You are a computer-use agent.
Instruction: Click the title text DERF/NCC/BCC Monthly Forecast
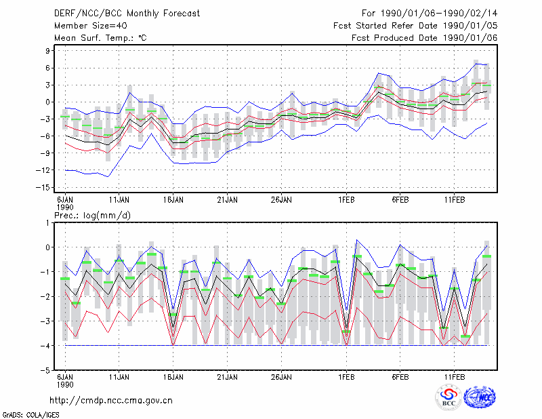point(127,14)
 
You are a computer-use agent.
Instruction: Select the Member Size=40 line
point(91,26)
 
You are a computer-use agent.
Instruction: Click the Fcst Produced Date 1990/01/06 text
point(425,38)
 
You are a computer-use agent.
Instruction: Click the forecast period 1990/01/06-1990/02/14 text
point(430,14)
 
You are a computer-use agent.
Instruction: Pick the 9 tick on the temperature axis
point(47,51)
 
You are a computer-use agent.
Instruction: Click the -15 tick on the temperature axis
point(43,188)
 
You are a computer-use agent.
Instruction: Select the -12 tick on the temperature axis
point(43,170)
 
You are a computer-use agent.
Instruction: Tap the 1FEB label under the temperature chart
point(346,200)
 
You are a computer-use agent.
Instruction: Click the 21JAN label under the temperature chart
point(228,200)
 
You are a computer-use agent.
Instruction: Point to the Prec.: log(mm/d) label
point(93,216)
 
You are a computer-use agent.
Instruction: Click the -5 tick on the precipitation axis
point(45,370)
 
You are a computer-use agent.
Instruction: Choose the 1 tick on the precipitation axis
point(47,223)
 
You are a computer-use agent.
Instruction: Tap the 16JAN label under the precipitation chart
point(173,377)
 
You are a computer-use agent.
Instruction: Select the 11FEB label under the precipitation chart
point(455,377)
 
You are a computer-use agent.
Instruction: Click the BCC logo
point(449,398)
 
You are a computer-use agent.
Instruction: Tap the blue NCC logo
point(480,397)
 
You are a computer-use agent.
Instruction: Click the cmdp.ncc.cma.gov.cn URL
point(111,401)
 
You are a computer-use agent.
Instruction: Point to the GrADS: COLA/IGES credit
point(31,415)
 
